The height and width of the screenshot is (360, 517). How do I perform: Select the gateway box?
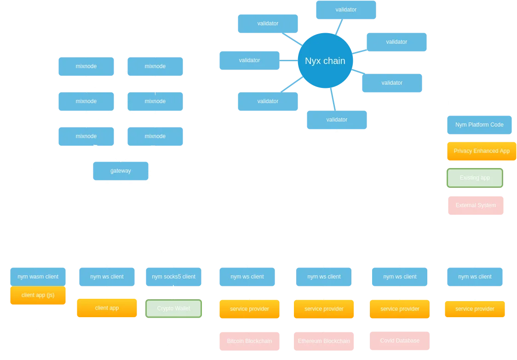(121, 171)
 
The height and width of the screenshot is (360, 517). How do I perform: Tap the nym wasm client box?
(38, 277)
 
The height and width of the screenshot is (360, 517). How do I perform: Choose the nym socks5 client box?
(173, 277)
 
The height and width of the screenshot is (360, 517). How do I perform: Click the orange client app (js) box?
(38, 295)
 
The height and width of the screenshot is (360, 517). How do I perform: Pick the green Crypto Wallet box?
(173, 308)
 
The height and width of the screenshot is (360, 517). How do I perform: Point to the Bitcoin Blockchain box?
(249, 341)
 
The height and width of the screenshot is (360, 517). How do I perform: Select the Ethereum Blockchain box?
(324, 341)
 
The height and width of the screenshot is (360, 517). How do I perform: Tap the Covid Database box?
(400, 341)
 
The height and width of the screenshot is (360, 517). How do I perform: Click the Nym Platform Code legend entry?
(479, 125)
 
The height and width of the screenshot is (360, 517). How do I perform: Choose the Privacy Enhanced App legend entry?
(482, 151)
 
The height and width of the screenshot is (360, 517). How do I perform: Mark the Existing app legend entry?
(475, 178)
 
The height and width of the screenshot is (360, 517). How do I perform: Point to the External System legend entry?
(476, 205)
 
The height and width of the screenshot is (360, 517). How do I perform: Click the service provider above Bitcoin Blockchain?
(249, 309)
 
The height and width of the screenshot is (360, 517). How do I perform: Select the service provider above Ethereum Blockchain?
(324, 309)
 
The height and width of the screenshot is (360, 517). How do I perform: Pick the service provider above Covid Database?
(400, 309)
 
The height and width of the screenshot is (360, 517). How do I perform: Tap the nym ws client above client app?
(107, 277)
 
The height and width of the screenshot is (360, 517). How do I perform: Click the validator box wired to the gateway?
(337, 120)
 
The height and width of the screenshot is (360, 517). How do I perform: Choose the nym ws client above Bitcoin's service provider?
(247, 277)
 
